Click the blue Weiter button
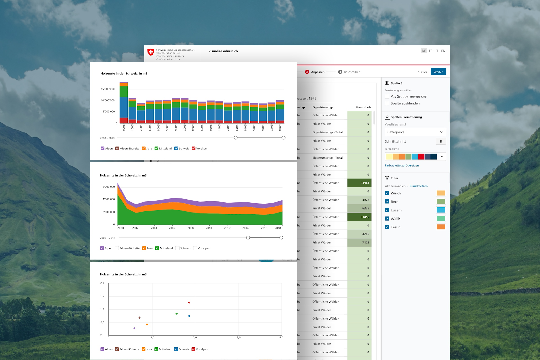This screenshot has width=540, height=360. (438, 72)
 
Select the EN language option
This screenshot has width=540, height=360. (443, 51)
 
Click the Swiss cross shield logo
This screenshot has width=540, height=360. (151, 52)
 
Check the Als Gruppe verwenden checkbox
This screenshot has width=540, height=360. (387, 96)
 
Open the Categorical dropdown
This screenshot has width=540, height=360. (415, 132)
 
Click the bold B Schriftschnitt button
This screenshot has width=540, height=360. (441, 141)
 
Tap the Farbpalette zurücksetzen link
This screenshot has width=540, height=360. (402, 166)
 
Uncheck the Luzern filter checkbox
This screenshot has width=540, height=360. (387, 210)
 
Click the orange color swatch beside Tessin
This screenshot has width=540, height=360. (441, 227)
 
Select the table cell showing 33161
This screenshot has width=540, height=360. (359, 183)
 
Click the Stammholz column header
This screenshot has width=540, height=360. (363, 107)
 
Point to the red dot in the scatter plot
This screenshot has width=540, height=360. (189, 303)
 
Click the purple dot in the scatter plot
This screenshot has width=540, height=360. (134, 328)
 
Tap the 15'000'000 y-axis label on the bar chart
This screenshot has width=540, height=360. (108, 89)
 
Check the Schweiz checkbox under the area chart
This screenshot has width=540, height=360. (178, 248)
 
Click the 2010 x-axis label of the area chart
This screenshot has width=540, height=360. (209, 228)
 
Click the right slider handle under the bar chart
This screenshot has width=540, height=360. (283, 138)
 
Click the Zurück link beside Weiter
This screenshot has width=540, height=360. (422, 72)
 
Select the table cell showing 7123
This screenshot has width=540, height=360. (359, 243)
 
